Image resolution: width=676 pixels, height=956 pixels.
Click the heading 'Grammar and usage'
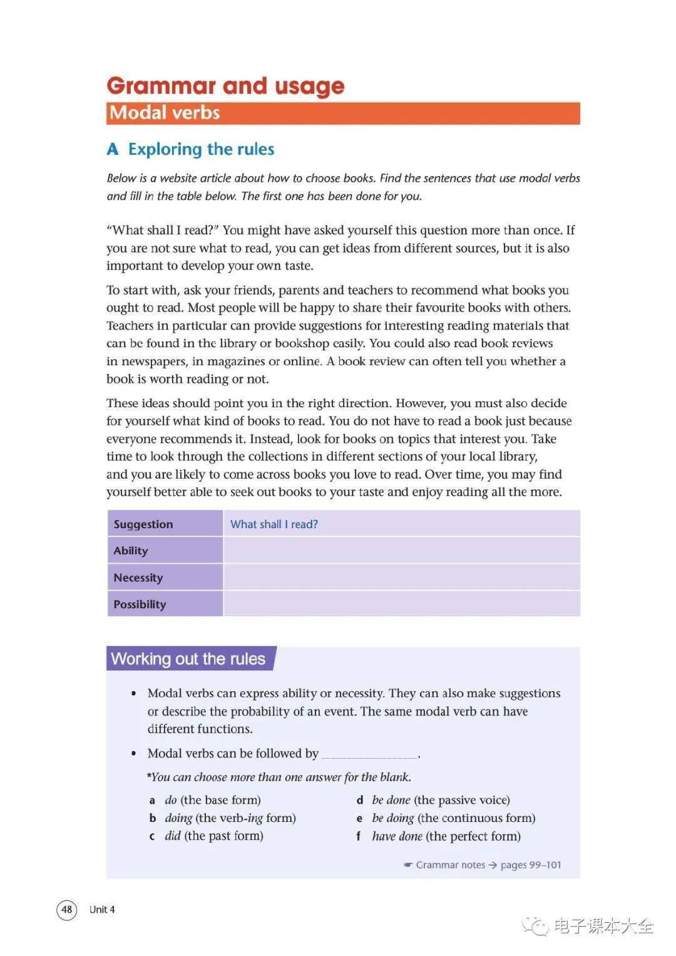click(x=225, y=86)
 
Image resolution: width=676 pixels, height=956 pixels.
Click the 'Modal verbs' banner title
click(x=165, y=113)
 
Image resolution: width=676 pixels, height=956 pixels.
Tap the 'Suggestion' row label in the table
click(x=143, y=524)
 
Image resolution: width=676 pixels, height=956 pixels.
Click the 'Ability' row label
click(x=131, y=551)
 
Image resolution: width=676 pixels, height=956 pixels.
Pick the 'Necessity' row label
click(x=138, y=578)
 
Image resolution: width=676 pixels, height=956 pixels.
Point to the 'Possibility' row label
click(x=140, y=605)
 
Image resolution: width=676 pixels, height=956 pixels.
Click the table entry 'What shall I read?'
click(x=274, y=524)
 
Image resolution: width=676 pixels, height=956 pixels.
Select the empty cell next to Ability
click(x=401, y=551)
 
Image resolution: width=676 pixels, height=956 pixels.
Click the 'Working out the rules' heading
click(x=188, y=659)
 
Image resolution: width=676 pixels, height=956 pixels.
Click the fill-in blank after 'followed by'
click(x=369, y=755)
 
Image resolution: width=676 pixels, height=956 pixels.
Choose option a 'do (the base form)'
click(x=212, y=800)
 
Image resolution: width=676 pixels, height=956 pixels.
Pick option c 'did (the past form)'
click(x=213, y=836)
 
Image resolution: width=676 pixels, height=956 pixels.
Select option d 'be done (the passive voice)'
click(x=441, y=800)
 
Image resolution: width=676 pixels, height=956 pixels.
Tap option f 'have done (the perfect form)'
click(x=446, y=836)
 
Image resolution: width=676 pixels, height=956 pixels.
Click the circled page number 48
click(x=67, y=909)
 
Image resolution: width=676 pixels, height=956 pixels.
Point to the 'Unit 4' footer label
click(x=102, y=910)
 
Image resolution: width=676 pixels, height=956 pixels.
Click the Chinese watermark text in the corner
click(x=603, y=926)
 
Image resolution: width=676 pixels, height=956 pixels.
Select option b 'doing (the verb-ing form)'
click(x=230, y=818)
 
